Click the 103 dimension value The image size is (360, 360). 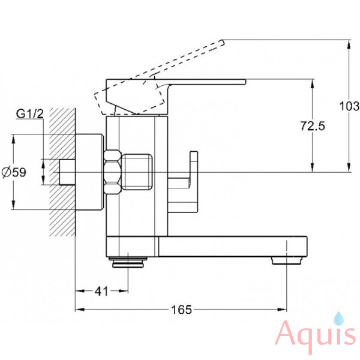[349, 106]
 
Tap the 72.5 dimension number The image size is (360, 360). [313, 126]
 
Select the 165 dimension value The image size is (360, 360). [181, 310]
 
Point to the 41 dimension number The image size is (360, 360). [101, 292]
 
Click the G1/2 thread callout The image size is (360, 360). [30, 114]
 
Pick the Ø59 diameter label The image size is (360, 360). [14, 172]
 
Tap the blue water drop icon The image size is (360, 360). [338, 319]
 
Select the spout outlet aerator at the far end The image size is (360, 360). [287, 260]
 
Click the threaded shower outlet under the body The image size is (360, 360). [128, 262]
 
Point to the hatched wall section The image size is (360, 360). [62, 172]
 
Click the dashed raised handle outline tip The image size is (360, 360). [223, 43]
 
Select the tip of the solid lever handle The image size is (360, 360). [245, 82]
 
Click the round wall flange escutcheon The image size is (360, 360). [89, 172]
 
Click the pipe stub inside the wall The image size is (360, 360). [67, 172]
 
